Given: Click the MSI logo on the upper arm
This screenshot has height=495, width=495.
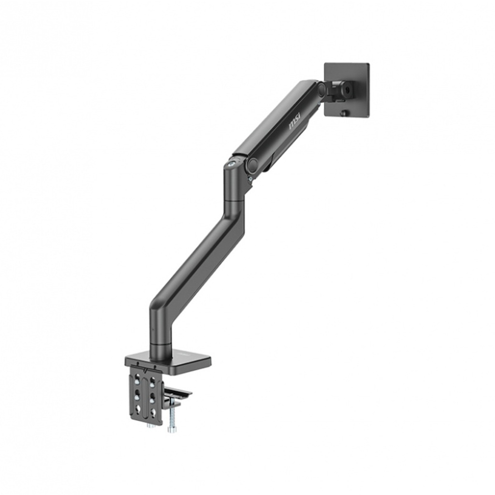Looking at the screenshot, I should point(294,120).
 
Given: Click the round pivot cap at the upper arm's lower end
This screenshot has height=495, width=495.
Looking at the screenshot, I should point(252,164).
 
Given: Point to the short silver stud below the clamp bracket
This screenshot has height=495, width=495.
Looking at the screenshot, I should point(150,425).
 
